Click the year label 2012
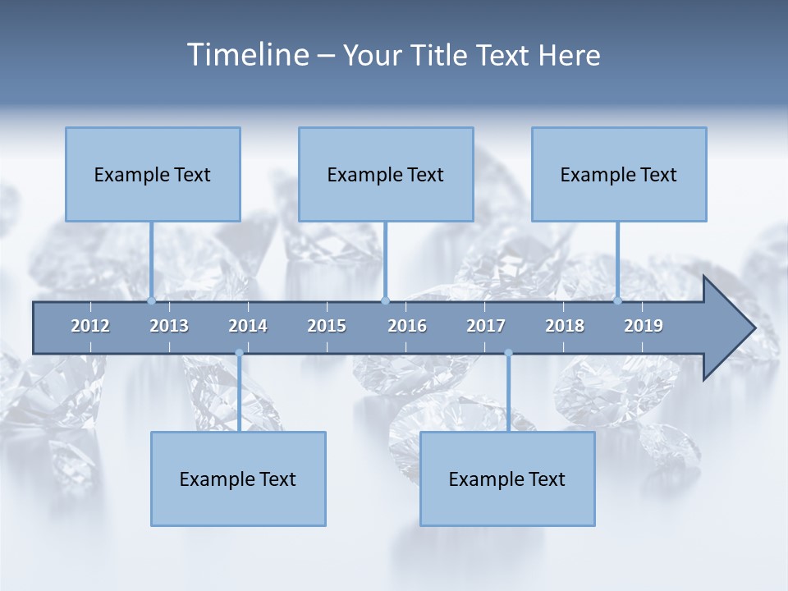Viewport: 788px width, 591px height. click(90, 326)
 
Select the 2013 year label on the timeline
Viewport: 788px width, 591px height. click(169, 326)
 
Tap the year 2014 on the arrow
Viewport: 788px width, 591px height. click(248, 326)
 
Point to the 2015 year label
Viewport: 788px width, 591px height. click(327, 326)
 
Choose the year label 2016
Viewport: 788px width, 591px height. click(407, 326)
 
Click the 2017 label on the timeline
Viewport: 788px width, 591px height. click(486, 326)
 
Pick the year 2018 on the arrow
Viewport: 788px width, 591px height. click(565, 326)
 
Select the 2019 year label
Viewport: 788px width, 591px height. click(644, 326)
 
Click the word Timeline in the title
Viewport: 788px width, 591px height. click(247, 55)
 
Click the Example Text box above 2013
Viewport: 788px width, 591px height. click(153, 174)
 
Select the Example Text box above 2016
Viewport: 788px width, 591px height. click(386, 174)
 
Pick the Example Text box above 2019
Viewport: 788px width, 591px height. click(619, 174)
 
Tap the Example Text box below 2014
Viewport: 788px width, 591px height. click(238, 479)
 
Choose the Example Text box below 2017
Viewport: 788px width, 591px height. click(507, 479)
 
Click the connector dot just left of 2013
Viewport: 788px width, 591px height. click(152, 300)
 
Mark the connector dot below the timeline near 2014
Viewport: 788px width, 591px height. click(239, 353)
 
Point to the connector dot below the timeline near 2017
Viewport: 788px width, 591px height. click(508, 353)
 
